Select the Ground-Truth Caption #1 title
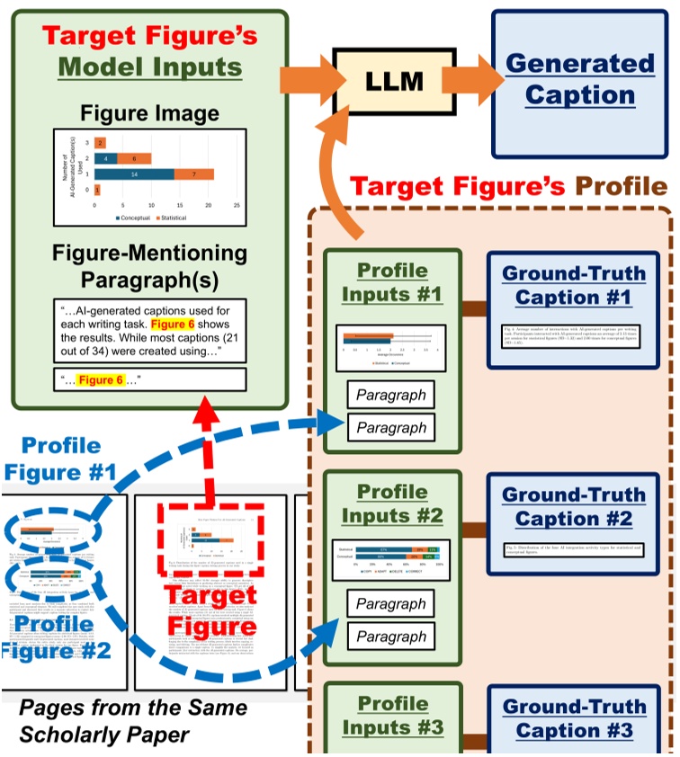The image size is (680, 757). click(574, 286)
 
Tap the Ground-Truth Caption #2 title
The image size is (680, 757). click(574, 507)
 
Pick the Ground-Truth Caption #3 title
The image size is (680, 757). click(574, 718)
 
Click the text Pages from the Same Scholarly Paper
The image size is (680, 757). click(105, 722)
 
